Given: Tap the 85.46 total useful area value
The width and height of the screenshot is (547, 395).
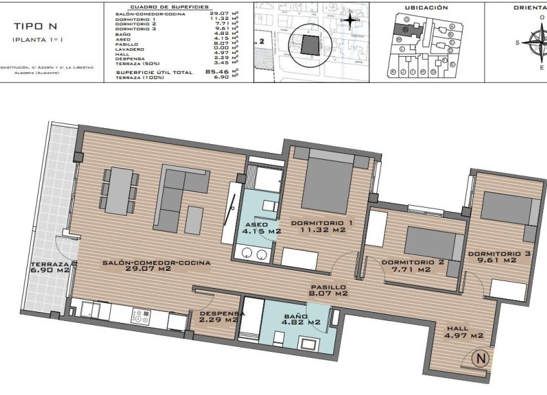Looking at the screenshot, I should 221,71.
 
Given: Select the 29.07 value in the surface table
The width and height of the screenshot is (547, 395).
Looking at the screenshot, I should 221,13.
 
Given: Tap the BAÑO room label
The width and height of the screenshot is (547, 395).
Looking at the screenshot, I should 295,317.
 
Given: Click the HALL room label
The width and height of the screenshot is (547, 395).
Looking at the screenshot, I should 457,329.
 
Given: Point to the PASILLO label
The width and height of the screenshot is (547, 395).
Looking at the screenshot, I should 328,288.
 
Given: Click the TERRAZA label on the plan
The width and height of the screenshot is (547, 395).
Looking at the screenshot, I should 49,265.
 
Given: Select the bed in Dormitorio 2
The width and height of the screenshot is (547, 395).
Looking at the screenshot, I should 431,243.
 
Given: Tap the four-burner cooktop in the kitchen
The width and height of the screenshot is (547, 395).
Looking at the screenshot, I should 141,317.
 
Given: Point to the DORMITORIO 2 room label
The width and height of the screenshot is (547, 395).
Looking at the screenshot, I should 413,262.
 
